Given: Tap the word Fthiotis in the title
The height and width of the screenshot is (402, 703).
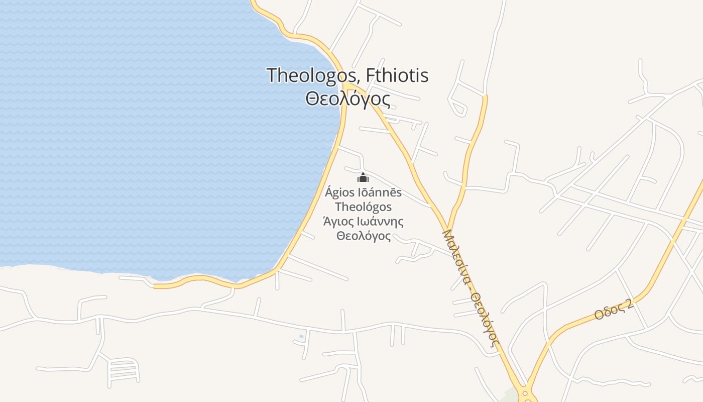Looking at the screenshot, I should coord(397,75).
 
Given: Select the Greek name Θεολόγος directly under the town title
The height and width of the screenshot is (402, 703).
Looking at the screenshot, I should coord(347,98).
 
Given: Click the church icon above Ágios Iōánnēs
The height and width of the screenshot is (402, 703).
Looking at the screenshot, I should coord(363,177).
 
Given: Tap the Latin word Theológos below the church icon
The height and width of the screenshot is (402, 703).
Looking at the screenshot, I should coord(363,207).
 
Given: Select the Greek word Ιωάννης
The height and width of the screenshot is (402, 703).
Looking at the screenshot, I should coord(381,222).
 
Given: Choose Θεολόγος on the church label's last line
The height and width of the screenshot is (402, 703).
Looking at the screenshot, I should coord(363,236).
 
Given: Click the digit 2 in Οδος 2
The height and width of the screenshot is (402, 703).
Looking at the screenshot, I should coord(630,302).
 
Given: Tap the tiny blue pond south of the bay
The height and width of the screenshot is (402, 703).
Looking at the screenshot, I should coord(301,336).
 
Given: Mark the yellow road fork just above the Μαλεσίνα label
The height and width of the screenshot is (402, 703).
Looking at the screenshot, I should coord(447,226).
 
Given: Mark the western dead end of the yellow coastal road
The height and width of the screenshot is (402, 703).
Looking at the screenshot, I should coord(155,286).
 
